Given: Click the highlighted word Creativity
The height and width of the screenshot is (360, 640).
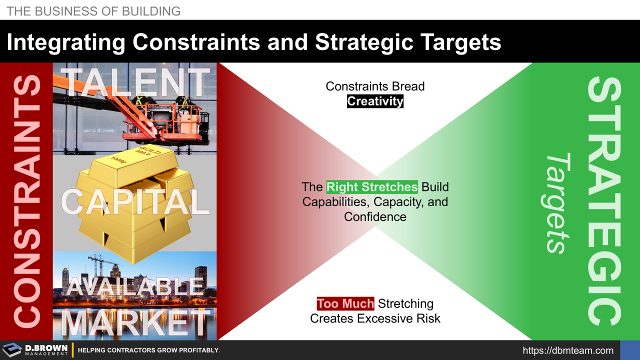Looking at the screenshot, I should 375,101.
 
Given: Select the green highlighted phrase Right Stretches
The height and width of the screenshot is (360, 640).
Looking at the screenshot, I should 371,187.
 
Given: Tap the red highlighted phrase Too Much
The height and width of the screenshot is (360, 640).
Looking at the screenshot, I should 345,303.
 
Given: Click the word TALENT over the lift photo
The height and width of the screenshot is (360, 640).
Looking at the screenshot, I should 135,82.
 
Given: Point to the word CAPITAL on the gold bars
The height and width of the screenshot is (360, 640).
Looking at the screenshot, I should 135,202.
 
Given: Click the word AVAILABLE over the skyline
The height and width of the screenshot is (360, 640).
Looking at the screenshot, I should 135,286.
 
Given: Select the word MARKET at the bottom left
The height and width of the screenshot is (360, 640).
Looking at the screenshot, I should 135,324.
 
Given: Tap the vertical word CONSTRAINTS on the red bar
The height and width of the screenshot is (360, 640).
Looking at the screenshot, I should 26,200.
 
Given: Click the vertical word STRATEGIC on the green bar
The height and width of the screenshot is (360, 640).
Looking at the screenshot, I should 605,200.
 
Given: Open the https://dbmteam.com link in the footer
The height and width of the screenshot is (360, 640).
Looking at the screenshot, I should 568,350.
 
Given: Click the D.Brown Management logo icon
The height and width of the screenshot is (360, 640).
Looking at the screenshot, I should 12,350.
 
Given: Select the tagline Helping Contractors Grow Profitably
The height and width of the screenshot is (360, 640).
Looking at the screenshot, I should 149,350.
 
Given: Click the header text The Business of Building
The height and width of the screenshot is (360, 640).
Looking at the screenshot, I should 93,10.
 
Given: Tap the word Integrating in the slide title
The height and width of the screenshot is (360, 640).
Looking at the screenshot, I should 66,42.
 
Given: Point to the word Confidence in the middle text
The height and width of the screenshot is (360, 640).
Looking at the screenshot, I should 375,216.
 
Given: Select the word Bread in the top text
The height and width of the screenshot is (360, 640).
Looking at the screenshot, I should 407,86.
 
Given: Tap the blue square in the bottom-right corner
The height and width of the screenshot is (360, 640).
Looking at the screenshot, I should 629,350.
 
